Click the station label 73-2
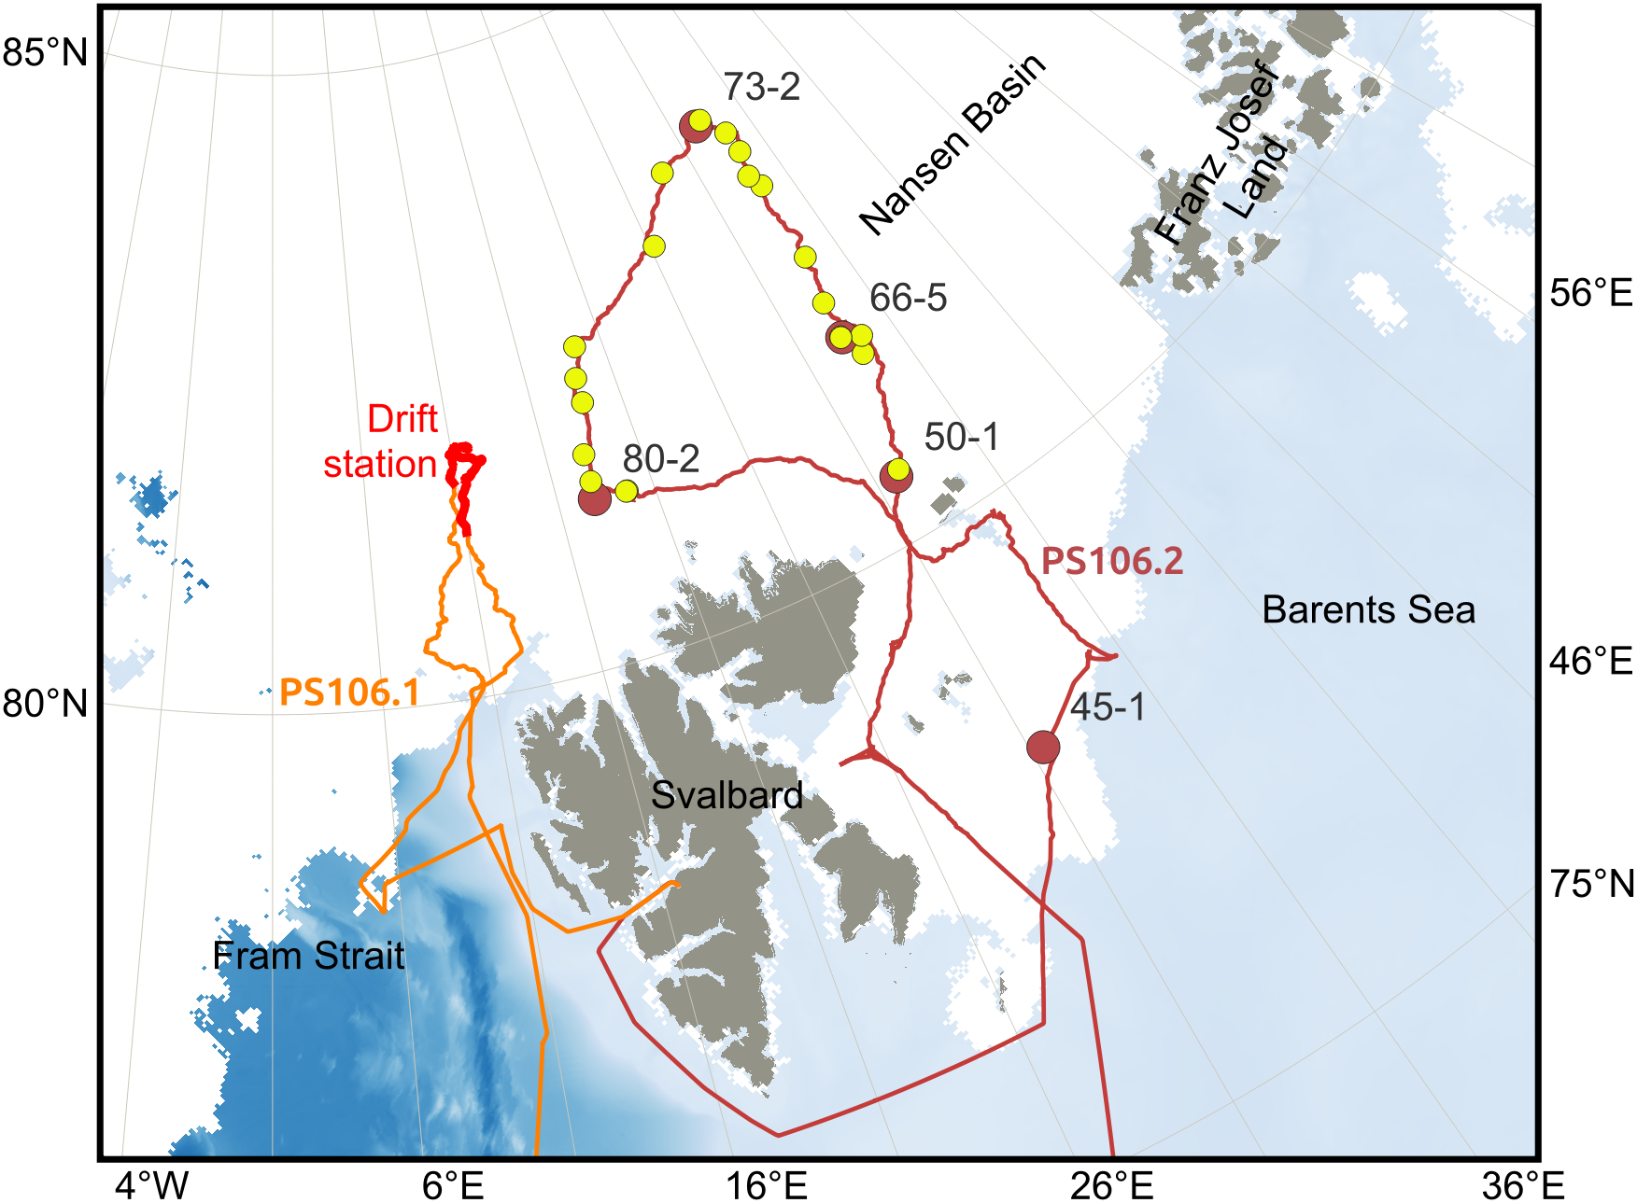[x=761, y=87]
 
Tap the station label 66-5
[x=908, y=298]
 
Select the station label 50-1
[x=961, y=437]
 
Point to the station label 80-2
[x=660, y=459]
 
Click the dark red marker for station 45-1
[x=1042, y=747]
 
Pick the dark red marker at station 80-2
[x=595, y=499]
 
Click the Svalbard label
[x=727, y=795]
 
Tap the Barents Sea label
[x=1368, y=609]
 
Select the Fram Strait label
[x=308, y=956]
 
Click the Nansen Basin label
[x=952, y=145]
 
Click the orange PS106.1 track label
[x=349, y=692]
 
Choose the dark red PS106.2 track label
[x=1111, y=561]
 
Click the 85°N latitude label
[x=45, y=52]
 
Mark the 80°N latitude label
[x=45, y=703]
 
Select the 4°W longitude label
[x=151, y=1185]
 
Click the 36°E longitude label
[x=1522, y=1185]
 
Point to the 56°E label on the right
[x=1590, y=293]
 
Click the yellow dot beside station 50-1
[x=897, y=469]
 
